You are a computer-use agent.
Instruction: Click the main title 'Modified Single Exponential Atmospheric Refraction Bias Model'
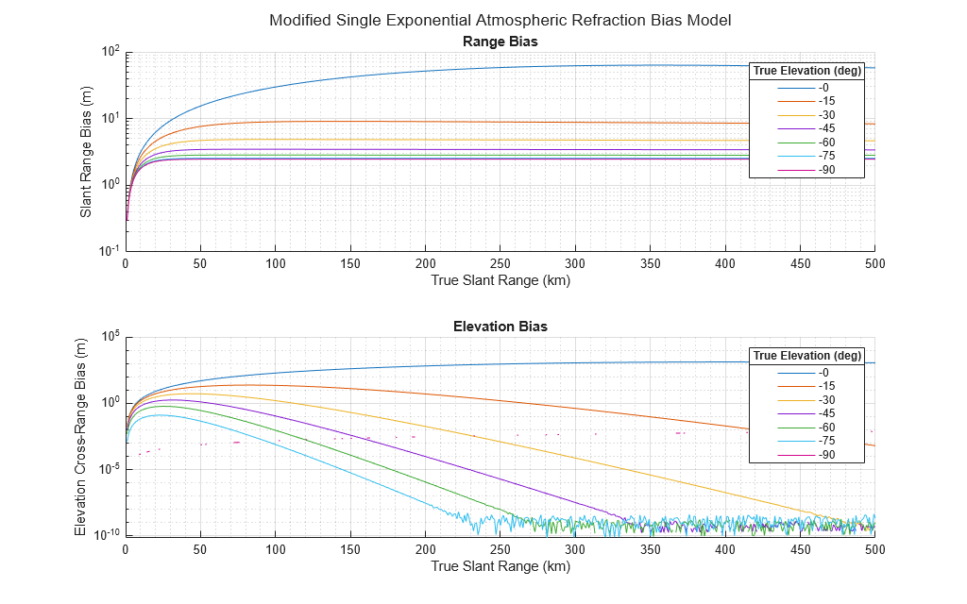pyautogui.click(x=500, y=20)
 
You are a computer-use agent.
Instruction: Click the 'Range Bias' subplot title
pyautogui.click(x=500, y=42)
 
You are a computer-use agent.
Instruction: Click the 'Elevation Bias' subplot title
pyautogui.click(x=500, y=327)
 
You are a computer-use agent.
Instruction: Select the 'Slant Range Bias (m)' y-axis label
pyautogui.click(x=86, y=151)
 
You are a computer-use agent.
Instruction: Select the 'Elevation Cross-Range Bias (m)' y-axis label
pyautogui.click(x=79, y=436)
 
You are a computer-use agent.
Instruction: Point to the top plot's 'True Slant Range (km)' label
pyautogui.click(x=500, y=280)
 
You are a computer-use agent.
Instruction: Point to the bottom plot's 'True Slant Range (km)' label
pyautogui.click(x=500, y=566)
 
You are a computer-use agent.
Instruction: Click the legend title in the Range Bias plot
pyautogui.click(x=806, y=71)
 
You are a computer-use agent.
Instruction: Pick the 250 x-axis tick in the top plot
pyautogui.click(x=500, y=264)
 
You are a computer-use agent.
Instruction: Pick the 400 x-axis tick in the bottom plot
pyautogui.click(x=725, y=549)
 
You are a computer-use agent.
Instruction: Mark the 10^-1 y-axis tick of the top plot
pyautogui.click(x=109, y=251)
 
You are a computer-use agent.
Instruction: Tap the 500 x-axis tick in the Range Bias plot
pyautogui.click(x=874, y=264)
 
